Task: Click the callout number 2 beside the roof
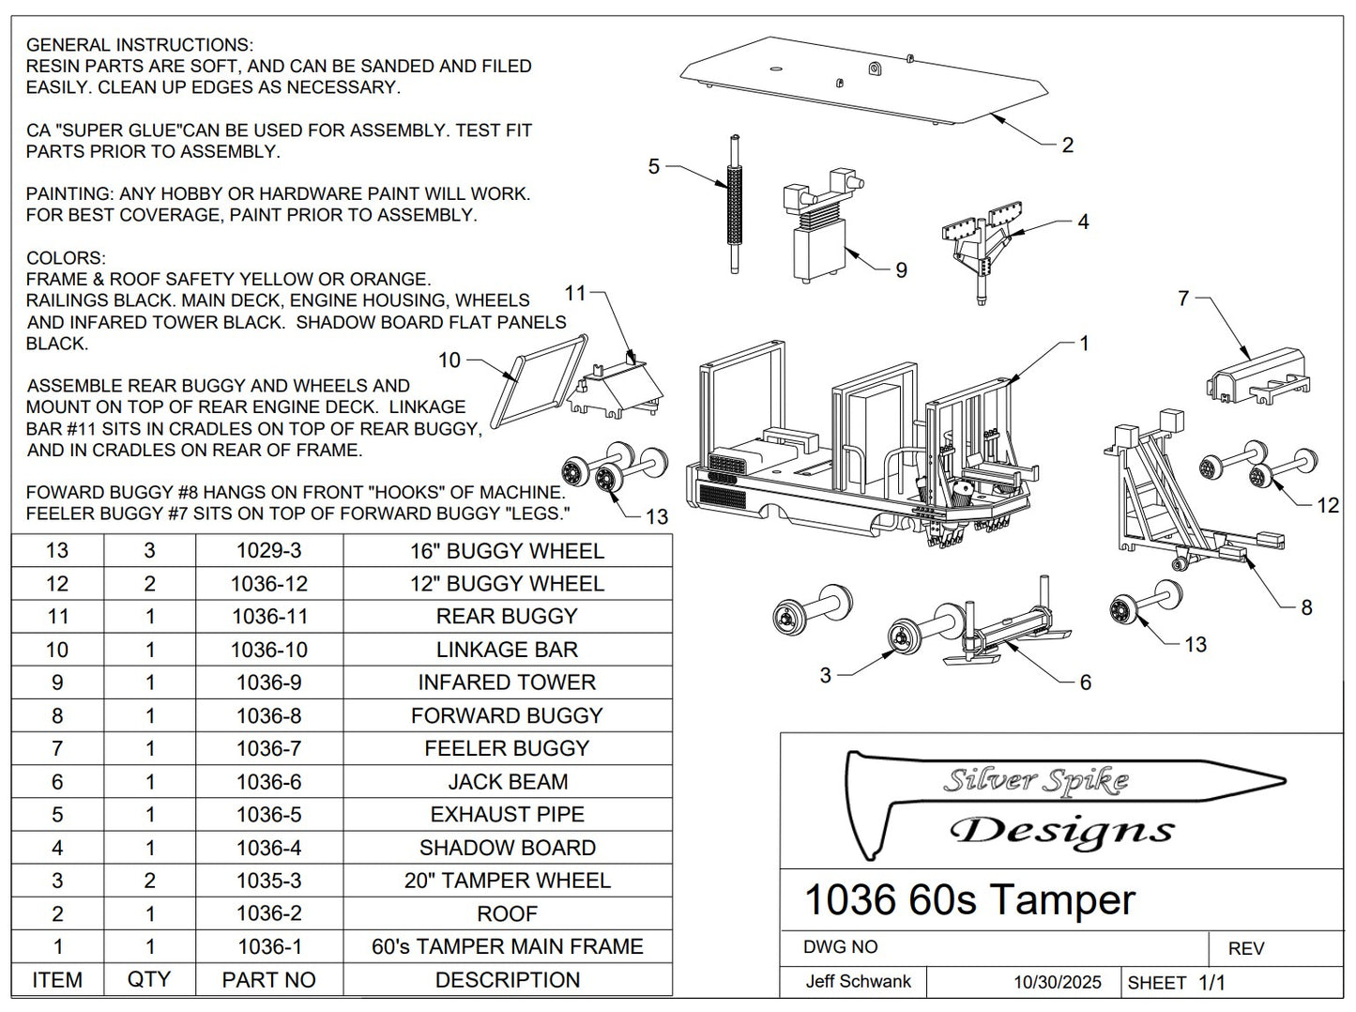pyautogui.click(x=1067, y=146)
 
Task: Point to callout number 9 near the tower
pyautogui.click(x=901, y=270)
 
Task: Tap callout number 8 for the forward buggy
pyautogui.click(x=1306, y=607)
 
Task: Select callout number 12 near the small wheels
pyautogui.click(x=1327, y=505)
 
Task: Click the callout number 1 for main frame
pyautogui.click(x=1084, y=344)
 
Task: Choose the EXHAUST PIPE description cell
pyautogui.click(x=507, y=815)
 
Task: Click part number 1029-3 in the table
pyautogui.click(x=268, y=551)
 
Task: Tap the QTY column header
pyautogui.click(x=149, y=980)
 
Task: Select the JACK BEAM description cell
pyautogui.click(x=507, y=782)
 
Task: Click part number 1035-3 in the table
pyautogui.click(x=268, y=881)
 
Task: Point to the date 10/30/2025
pyautogui.click(x=1057, y=982)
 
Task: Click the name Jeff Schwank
pyautogui.click(x=858, y=982)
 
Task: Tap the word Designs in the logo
pyautogui.click(x=1061, y=831)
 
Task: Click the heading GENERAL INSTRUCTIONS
pyautogui.click(x=139, y=45)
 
